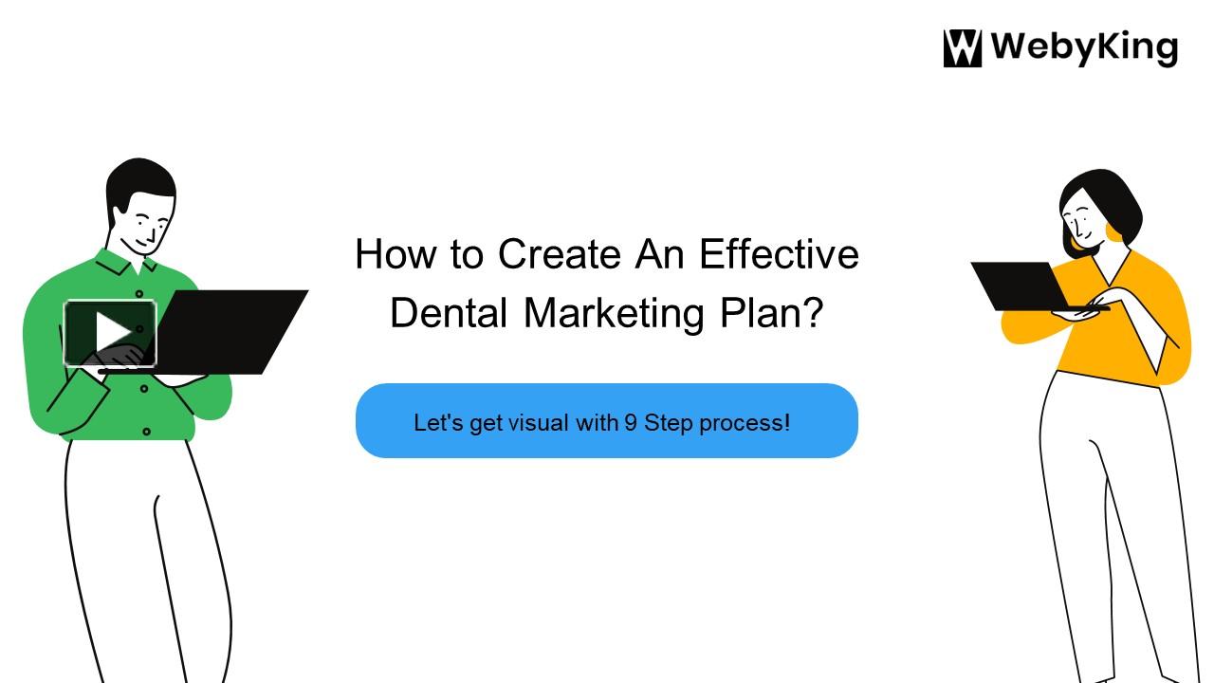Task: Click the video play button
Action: coord(110,333)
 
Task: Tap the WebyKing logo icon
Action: coord(962,48)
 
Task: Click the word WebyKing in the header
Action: coord(1083,48)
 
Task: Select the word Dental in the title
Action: coord(450,312)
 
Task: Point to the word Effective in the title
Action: coord(779,254)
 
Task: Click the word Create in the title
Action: coord(560,254)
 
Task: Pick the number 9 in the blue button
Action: coord(630,422)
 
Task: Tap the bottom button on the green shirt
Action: coord(146,432)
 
